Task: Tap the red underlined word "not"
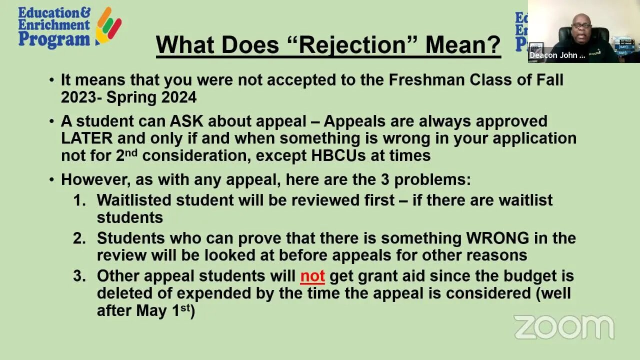point(312,276)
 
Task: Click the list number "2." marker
point(79,238)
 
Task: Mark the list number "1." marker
point(79,200)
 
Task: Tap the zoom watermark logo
point(563,327)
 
